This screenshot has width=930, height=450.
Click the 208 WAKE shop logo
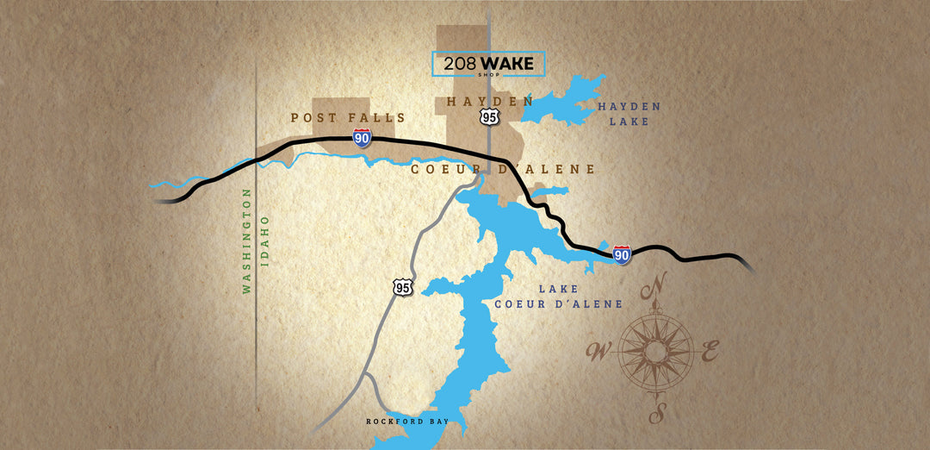(487, 64)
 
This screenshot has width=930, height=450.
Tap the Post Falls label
(348, 117)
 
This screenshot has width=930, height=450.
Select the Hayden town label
(489, 102)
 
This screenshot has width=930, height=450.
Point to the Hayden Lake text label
(629, 114)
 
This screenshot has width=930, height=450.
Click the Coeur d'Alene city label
(503, 169)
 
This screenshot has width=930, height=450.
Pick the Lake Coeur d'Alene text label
(558, 297)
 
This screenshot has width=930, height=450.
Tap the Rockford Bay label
(396, 422)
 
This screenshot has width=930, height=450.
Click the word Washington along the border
(246, 242)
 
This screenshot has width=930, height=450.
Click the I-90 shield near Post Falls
(362, 138)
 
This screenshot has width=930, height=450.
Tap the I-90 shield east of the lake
(622, 254)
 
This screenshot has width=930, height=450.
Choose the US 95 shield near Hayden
(489, 116)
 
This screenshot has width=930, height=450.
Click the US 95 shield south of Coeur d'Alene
(402, 287)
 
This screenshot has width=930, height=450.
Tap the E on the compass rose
(710, 351)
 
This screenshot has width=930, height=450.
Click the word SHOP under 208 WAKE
(488, 74)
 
